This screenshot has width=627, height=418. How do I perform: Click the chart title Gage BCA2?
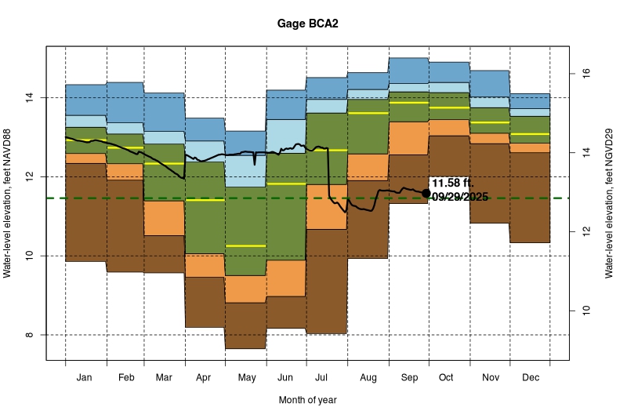coord(307,24)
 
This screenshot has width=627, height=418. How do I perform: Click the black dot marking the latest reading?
coord(426,193)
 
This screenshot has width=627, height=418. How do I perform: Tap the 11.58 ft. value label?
coord(452,184)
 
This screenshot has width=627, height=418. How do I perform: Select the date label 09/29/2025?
coord(460,197)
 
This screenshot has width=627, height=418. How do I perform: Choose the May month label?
coord(246,378)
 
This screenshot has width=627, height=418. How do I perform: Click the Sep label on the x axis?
coord(408,378)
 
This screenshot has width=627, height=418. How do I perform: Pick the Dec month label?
coord(529,378)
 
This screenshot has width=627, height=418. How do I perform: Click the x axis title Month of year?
coord(307,400)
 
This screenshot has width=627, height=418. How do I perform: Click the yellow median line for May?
coord(246,245)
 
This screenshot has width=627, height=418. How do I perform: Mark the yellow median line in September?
coord(408,103)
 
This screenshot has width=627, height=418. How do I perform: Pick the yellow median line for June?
coord(287,184)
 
